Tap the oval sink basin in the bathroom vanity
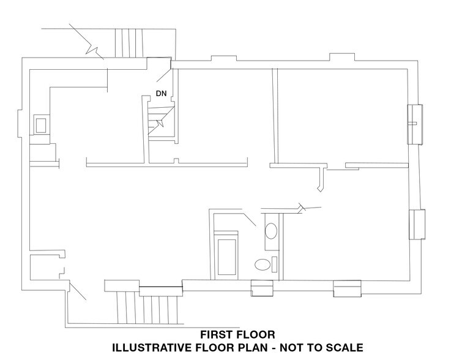point(271,232)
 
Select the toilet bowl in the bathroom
point(262,265)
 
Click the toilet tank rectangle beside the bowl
point(274,265)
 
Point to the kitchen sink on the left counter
point(40,126)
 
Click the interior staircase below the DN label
point(161,122)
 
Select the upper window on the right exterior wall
point(416,124)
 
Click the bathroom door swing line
point(248,219)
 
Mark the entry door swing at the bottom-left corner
point(78,292)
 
